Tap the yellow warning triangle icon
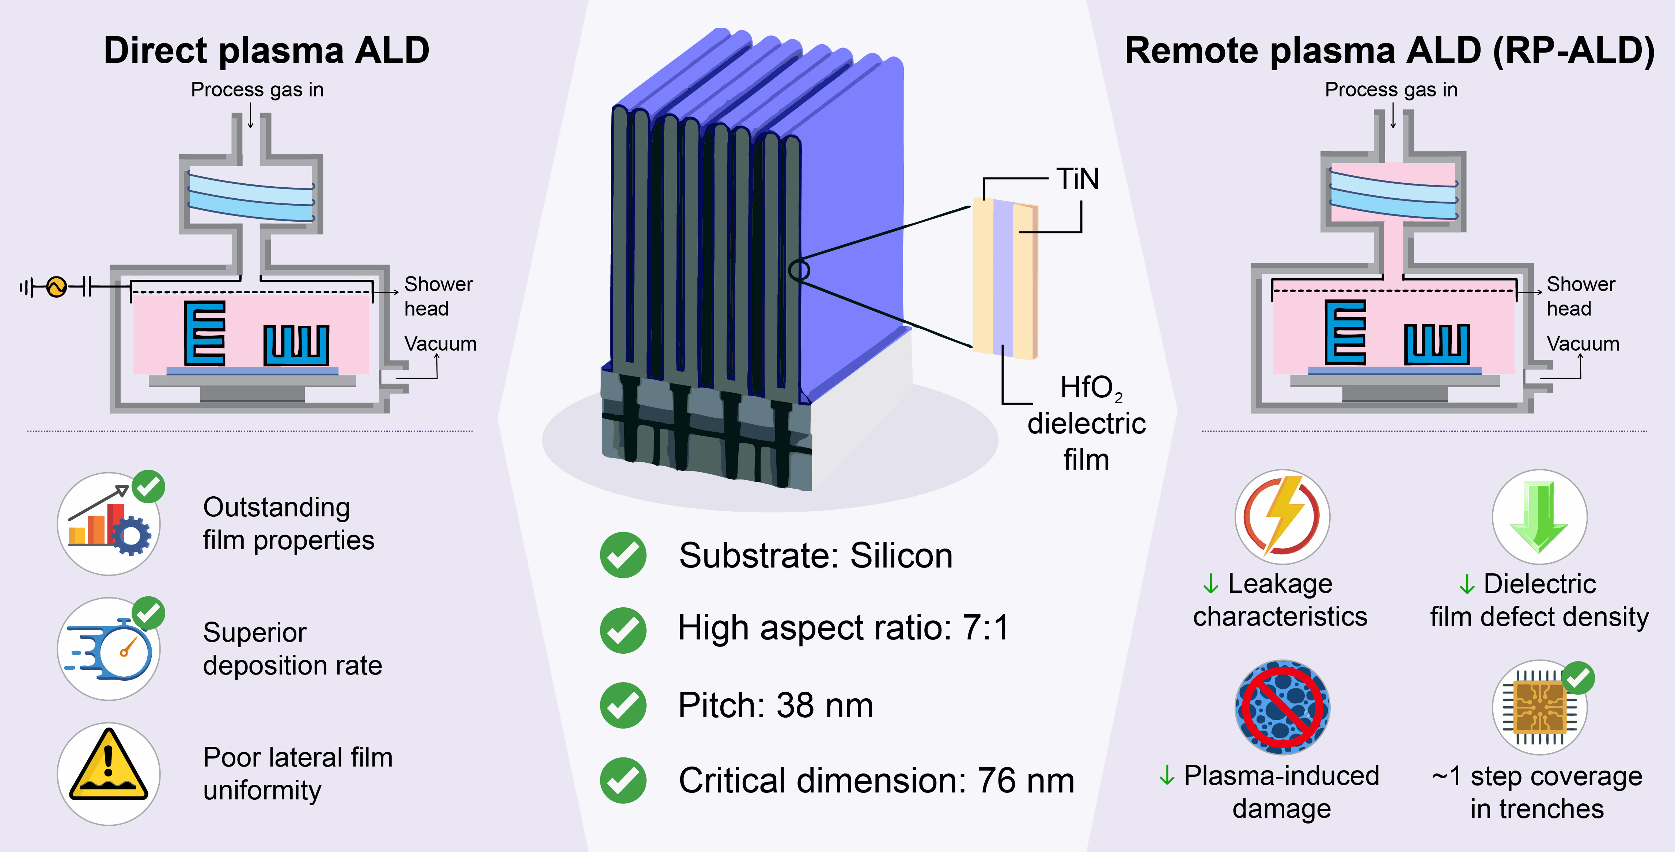[x=109, y=767]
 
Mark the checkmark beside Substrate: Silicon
[x=623, y=555]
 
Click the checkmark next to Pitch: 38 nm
[x=623, y=705]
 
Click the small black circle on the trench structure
[x=799, y=270]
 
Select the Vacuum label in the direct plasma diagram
[x=440, y=344]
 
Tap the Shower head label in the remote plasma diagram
[x=1581, y=296]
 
